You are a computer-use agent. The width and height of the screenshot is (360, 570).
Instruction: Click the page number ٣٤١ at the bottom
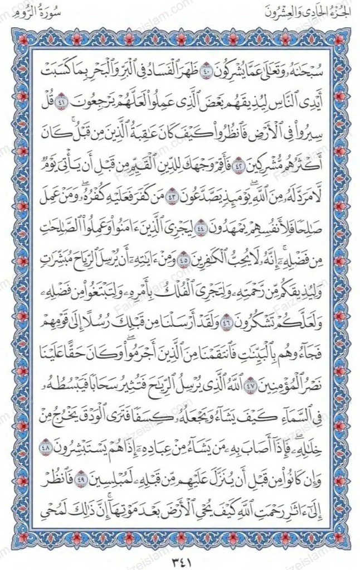click(180, 557)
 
